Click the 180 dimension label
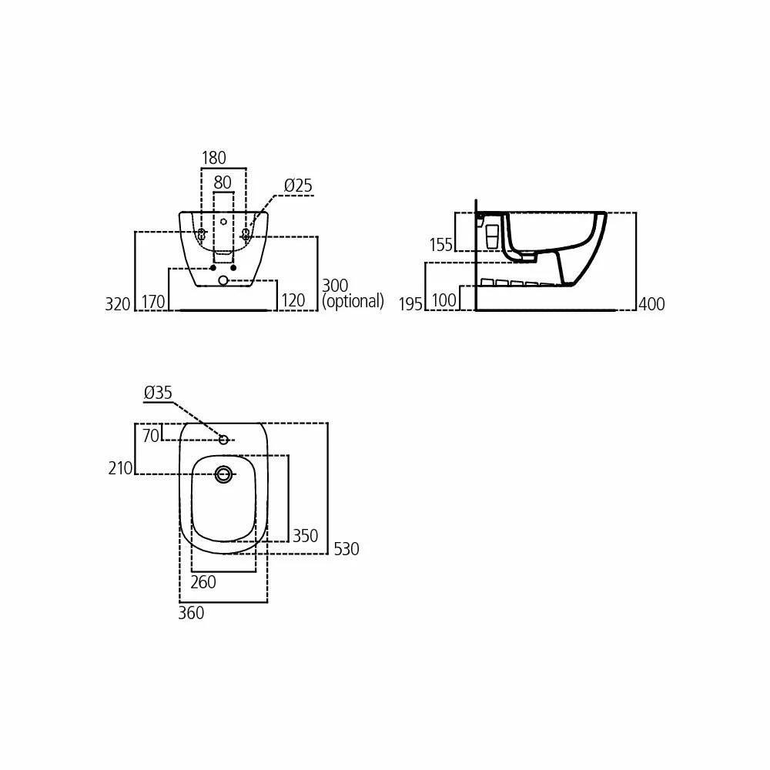[213, 158]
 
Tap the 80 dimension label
[223, 182]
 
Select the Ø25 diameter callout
[298, 186]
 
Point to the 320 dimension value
[117, 304]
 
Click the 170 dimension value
[153, 302]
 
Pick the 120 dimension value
[293, 300]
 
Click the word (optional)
[353, 301]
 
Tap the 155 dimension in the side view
[440, 245]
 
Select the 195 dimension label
[410, 304]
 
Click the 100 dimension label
[444, 300]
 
